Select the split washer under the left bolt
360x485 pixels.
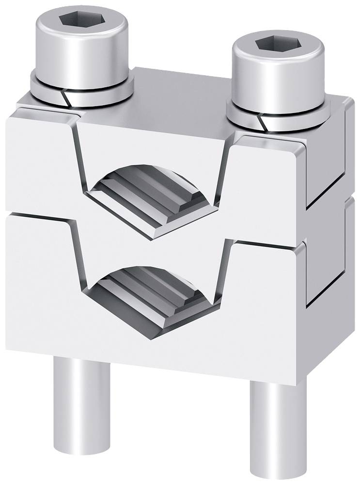tap(44, 90)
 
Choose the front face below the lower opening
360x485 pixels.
tap(155, 339)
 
